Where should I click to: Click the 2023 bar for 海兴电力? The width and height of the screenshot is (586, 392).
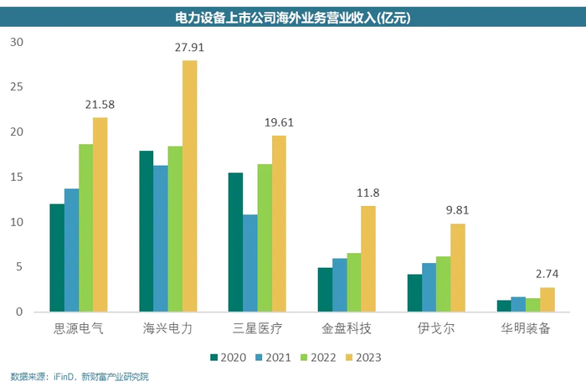point(190,186)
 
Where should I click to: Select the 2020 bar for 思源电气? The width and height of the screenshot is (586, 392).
point(56,258)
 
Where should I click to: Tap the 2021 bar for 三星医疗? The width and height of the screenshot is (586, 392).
point(249,263)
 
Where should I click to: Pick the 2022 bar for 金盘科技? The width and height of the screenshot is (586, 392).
point(354,282)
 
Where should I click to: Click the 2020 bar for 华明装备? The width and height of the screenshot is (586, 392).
point(503,306)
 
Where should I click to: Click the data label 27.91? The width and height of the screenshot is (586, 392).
point(191,48)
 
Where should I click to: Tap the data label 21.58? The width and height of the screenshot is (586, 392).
point(100,105)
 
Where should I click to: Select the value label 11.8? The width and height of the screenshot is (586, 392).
point(368,193)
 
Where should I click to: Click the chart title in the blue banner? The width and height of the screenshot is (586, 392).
point(292,17)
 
